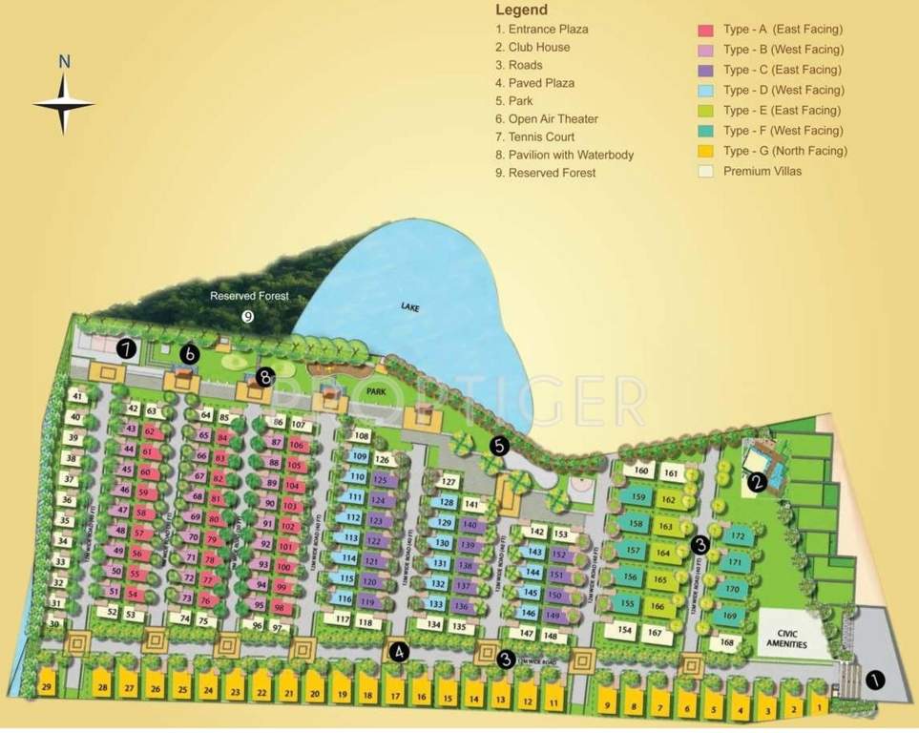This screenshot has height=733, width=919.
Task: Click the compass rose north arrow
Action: tap(64, 96)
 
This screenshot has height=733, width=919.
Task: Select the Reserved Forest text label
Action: tap(249, 297)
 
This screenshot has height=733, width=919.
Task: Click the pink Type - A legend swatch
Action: tap(706, 31)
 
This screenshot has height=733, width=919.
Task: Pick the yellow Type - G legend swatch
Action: tap(706, 151)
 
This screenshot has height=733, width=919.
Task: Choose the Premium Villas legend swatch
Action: tap(706, 172)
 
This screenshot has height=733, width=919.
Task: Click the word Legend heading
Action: tap(521, 10)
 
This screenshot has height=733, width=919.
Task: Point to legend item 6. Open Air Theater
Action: tap(547, 119)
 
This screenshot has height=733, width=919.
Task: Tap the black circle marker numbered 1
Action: tap(875, 680)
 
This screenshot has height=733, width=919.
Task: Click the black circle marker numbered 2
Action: tap(757, 482)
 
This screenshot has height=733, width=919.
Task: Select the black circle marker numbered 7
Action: tap(126, 348)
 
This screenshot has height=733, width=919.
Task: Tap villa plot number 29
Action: tap(46, 688)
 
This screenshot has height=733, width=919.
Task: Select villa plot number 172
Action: tap(736, 537)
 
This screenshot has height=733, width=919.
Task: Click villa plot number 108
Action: tap(361, 436)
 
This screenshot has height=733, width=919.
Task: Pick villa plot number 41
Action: tap(77, 397)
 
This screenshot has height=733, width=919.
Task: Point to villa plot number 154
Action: tap(625, 631)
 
